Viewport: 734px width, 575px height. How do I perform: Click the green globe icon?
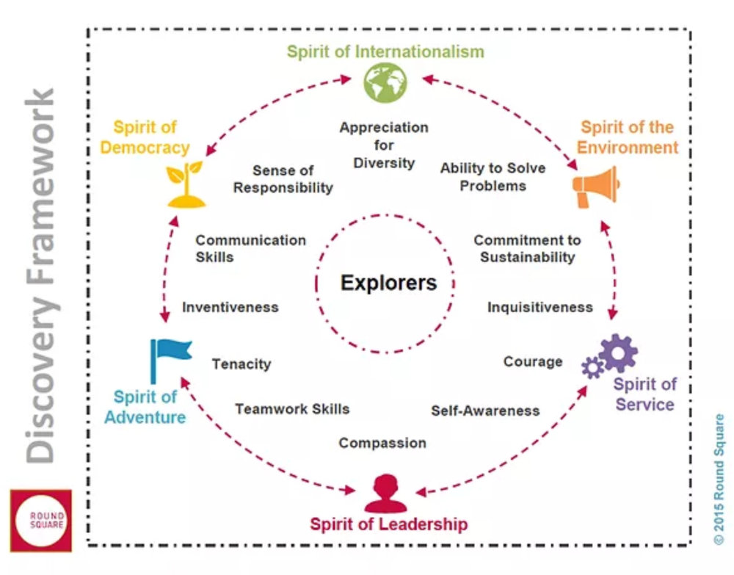click(385, 82)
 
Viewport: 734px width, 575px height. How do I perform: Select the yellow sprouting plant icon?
click(185, 185)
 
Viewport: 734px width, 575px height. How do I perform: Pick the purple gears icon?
click(611, 355)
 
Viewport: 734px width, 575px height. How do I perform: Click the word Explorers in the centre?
click(388, 283)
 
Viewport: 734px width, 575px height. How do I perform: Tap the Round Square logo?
click(41, 521)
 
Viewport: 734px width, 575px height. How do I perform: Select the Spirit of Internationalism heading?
click(385, 51)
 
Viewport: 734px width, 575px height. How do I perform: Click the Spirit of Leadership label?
click(388, 524)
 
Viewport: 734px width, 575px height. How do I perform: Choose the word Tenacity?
click(241, 364)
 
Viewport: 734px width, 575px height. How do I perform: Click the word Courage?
click(533, 361)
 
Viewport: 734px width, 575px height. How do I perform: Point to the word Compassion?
click(382, 443)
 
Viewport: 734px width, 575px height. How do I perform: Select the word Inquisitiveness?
click(540, 307)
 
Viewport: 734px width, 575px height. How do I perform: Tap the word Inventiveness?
click(230, 307)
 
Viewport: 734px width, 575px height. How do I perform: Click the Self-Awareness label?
click(485, 411)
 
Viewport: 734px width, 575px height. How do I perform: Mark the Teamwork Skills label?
click(292, 409)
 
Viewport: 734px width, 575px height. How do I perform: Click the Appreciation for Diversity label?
click(384, 145)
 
